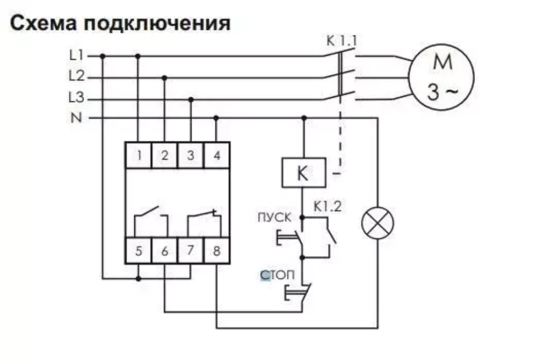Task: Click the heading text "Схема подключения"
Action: (x=120, y=23)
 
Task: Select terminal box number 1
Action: (x=139, y=156)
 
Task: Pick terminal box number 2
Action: (x=164, y=156)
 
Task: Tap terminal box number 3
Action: (x=191, y=156)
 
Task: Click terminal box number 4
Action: (x=216, y=156)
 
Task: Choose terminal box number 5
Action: (x=139, y=251)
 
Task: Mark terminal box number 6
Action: (x=164, y=251)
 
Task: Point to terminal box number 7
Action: (x=191, y=251)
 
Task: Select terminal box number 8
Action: (x=216, y=251)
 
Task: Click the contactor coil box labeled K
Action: (x=303, y=173)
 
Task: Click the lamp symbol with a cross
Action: (x=378, y=224)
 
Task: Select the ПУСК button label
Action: (x=275, y=218)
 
